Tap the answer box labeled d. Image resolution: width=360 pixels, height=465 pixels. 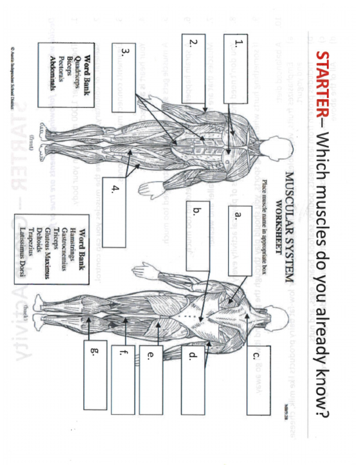193,380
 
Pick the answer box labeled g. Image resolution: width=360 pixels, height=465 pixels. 95,375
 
